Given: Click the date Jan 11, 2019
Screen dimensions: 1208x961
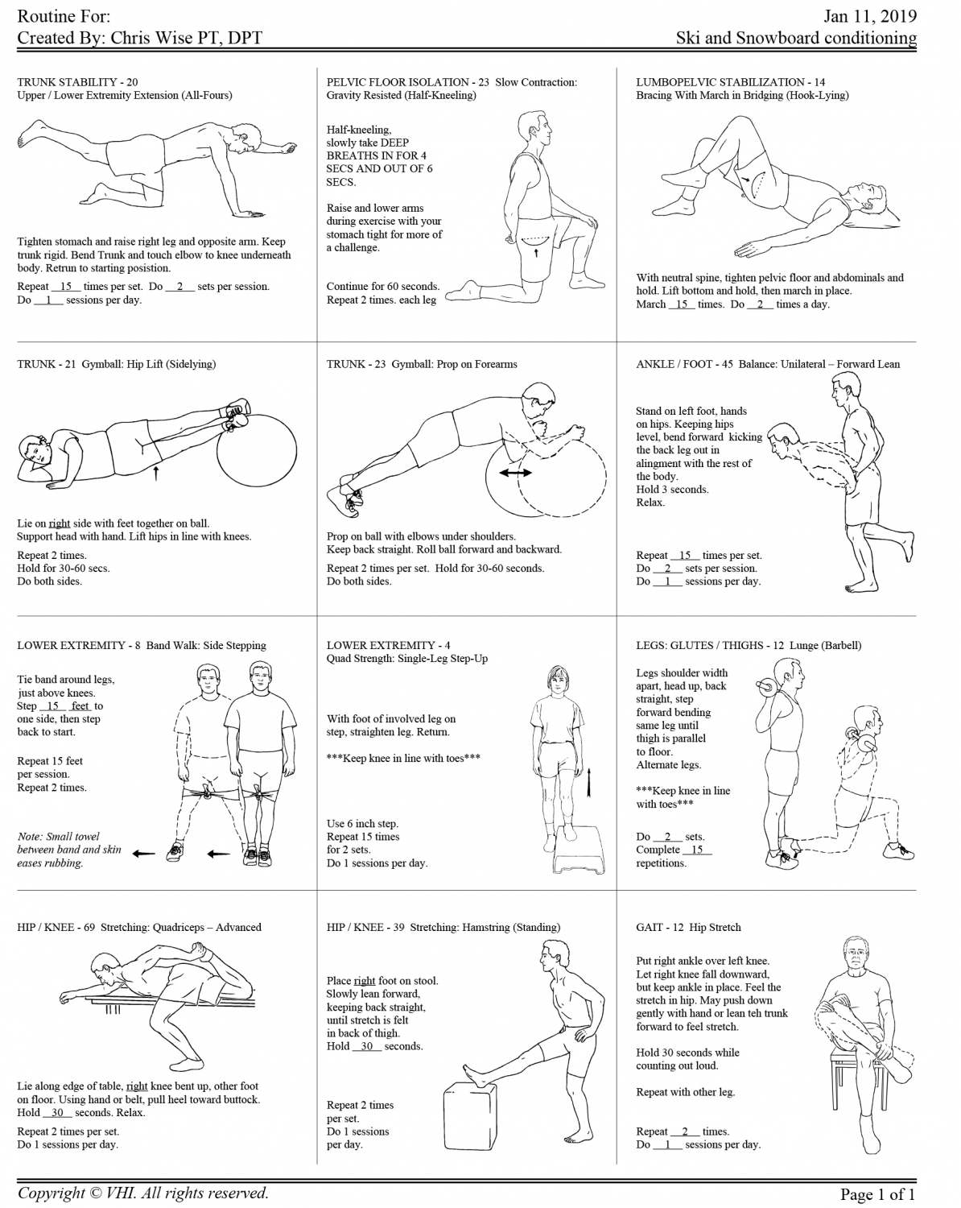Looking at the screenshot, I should click(x=870, y=16).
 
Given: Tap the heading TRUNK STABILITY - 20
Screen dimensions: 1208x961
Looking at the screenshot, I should click(x=77, y=81).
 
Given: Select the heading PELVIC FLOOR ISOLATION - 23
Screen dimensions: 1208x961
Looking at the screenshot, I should click(x=409, y=81).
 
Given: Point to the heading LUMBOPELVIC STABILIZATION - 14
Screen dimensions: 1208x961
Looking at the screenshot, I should click(x=730, y=81).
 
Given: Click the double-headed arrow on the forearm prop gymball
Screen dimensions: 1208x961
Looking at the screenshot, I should click(x=515, y=473).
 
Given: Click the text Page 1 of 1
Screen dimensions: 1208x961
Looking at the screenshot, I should click(x=877, y=1194).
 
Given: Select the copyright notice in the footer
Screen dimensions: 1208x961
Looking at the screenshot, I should click(x=143, y=1193).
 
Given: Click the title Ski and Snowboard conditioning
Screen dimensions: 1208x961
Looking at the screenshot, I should click(x=796, y=38).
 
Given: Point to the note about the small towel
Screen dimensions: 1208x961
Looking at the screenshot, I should click(x=68, y=849).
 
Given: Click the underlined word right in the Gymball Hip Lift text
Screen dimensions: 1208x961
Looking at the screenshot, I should click(x=60, y=523).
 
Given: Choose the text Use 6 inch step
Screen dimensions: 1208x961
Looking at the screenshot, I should click(x=362, y=823).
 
